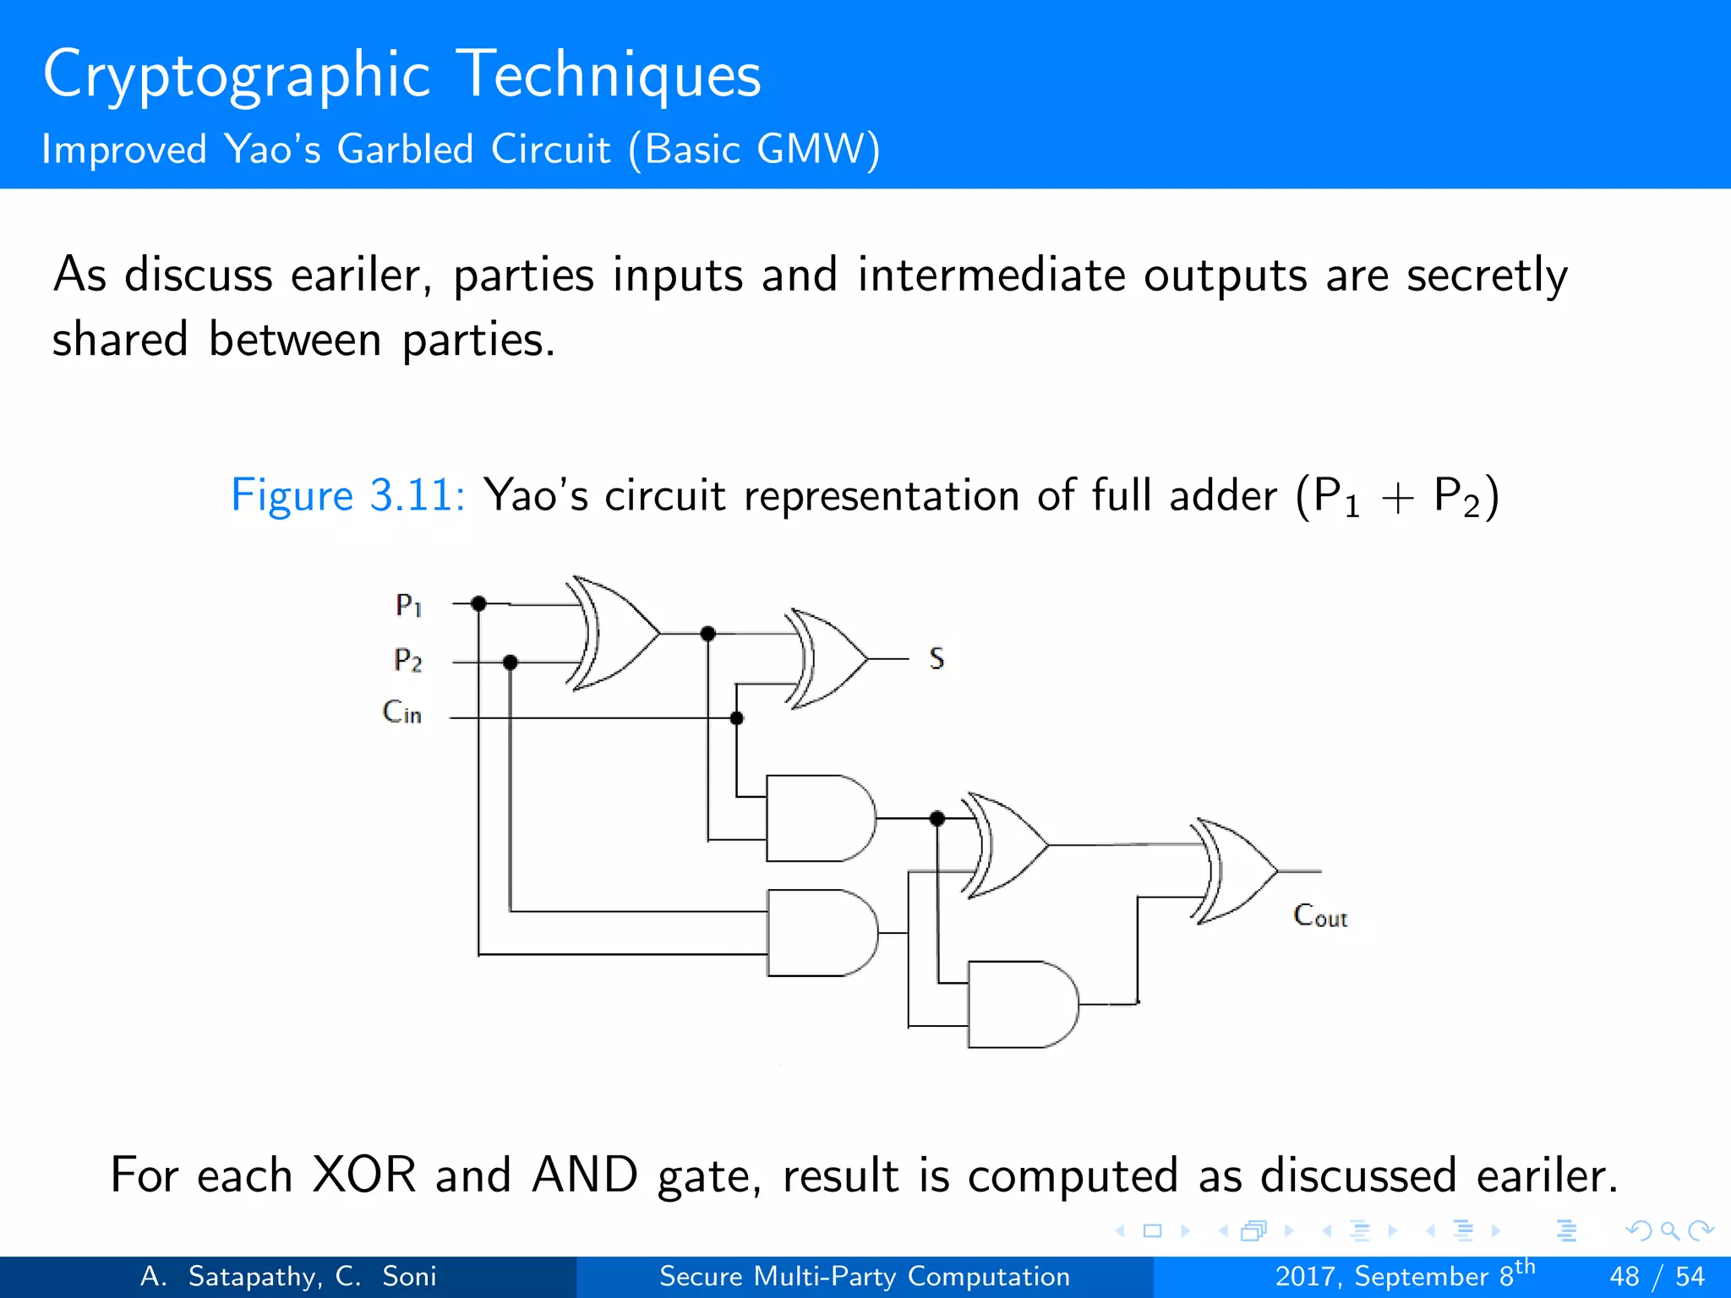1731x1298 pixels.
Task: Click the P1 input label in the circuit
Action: point(408,605)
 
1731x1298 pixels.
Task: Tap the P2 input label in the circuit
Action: point(407,660)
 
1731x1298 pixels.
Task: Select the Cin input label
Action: point(401,712)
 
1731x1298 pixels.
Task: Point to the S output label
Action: point(936,658)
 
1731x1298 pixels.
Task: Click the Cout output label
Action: point(1320,916)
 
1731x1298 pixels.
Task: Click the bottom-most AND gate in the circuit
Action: point(1021,1004)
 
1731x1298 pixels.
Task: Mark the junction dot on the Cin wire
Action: point(736,718)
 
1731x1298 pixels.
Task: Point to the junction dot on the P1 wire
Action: point(478,603)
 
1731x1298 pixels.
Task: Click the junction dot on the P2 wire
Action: point(510,663)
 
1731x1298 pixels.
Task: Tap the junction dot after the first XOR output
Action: point(708,633)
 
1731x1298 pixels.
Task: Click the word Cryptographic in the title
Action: point(237,76)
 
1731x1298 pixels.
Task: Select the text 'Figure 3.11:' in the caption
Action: point(347,495)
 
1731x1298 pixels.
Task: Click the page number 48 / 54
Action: point(1657,1276)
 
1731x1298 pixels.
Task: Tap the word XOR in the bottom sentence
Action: point(363,1175)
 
